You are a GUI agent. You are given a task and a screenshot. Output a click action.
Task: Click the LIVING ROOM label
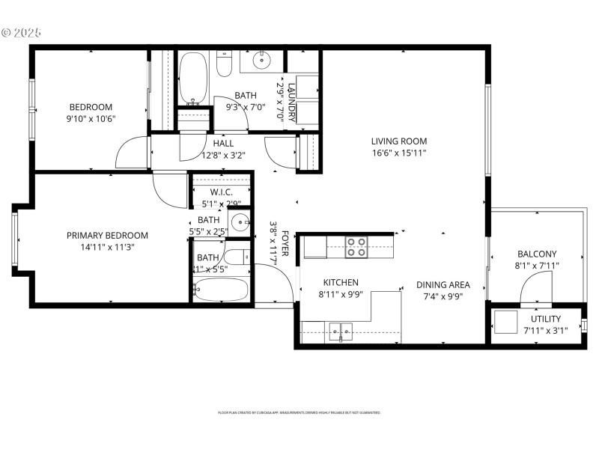(x=398, y=141)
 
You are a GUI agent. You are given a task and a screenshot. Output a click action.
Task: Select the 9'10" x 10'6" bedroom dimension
(x=91, y=118)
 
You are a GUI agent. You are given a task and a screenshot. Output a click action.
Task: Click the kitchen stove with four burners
(x=356, y=247)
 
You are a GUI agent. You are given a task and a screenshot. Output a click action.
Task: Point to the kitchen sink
(x=340, y=330)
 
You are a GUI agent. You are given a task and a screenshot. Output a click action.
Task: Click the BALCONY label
(x=536, y=254)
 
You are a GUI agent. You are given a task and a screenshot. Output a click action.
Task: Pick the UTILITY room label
(x=546, y=319)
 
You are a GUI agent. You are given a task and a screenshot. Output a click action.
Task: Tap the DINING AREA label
(x=443, y=284)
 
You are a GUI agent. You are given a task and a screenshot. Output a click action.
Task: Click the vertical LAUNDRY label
(x=292, y=101)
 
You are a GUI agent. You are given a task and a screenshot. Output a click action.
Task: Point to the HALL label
(x=223, y=144)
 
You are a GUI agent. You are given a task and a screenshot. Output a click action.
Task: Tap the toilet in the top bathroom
(x=224, y=65)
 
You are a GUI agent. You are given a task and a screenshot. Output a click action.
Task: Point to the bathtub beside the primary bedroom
(x=222, y=289)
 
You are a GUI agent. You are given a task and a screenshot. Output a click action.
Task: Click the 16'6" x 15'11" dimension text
(x=398, y=153)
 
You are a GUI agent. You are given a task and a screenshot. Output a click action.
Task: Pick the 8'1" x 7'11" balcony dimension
(x=536, y=266)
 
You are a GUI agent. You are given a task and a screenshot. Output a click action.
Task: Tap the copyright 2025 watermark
(x=22, y=33)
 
